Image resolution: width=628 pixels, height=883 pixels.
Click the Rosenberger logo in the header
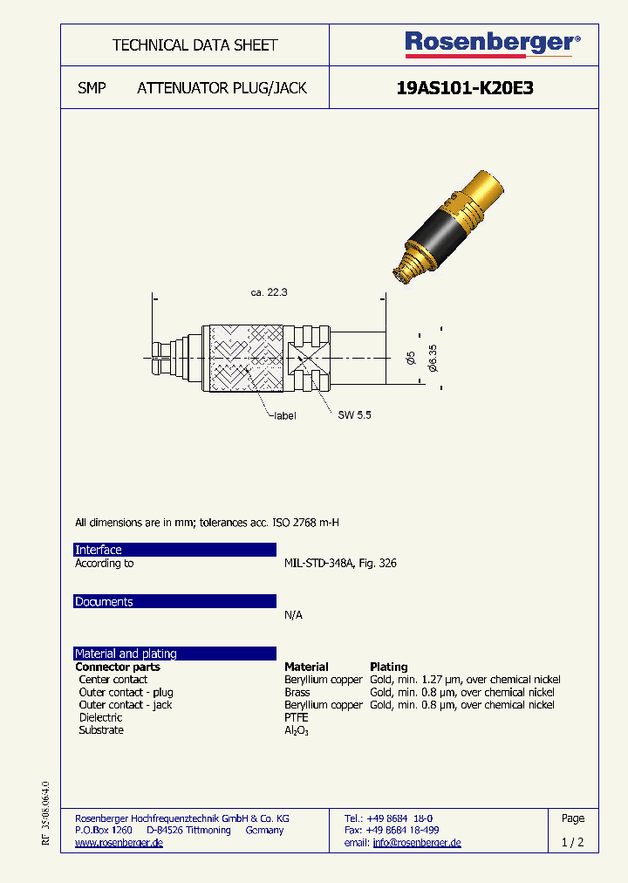pyautogui.click(x=491, y=43)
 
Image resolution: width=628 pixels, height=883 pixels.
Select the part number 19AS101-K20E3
pyautogui.click(x=464, y=88)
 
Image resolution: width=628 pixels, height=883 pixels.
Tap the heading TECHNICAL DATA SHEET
pyautogui.click(x=195, y=45)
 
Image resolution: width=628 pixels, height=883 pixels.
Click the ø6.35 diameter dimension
pyautogui.click(x=433, y=358)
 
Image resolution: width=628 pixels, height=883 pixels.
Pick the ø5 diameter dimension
pyautogui.click(x=412, y=358)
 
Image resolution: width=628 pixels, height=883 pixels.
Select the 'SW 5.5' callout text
pyautogui.click(x=355, y=415)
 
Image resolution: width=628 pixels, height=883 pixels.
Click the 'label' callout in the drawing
pyautogui.click(x=283, y=416)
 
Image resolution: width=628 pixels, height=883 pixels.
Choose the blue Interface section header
pyautogui.click(x=174, y=550)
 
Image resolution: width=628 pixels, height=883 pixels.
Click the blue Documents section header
pyautogui.click(x=174, y=602)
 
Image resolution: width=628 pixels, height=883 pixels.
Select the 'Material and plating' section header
pyautogui.click(x=174, y=654)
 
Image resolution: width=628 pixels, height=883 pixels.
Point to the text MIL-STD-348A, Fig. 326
pyautogui.click(x=340, y=564)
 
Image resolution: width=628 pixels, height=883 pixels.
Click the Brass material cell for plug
pyautogui.click(x=297, y=692)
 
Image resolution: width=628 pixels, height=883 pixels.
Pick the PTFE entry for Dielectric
pyautogui.click(x=297, y=717)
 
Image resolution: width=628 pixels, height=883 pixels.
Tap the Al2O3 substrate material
pyautogui.click(x=297, y=730)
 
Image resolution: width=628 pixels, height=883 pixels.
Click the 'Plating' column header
pyautogui.click(x=389, y=667)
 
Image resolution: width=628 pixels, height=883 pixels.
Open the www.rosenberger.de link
pyautogui.click(x=119, y=843)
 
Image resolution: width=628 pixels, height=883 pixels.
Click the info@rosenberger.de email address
pyautogui.click(x=417, y=843)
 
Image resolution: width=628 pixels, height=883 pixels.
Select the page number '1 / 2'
pyautogui.click(x=573, y=843)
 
